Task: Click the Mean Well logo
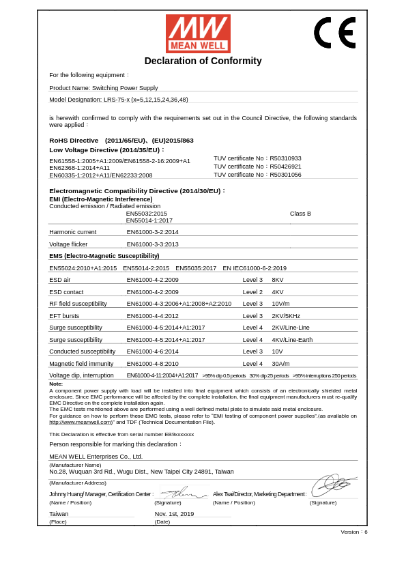pos(198,33)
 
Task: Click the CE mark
pos(334,33)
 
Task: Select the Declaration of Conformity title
pos(203,61)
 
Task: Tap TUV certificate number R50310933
pos(257,158)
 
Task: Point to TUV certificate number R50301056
pos(257,175)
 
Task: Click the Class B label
pos(300,214)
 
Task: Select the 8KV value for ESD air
pos(278,280)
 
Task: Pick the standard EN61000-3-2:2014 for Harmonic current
pos(152,232)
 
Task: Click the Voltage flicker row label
pos(68,244)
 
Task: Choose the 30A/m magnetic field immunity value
pos(280,364)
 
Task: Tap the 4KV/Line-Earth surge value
pos(292,340)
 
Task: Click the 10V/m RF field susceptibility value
pos(280,304)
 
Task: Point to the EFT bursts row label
pos(64,316)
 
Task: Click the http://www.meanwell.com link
pos(81,422)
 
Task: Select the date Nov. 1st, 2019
pos(174,514)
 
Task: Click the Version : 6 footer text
pos(353,532)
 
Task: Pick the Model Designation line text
pos(118,100)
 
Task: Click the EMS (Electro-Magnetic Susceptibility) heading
pos(104,256)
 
